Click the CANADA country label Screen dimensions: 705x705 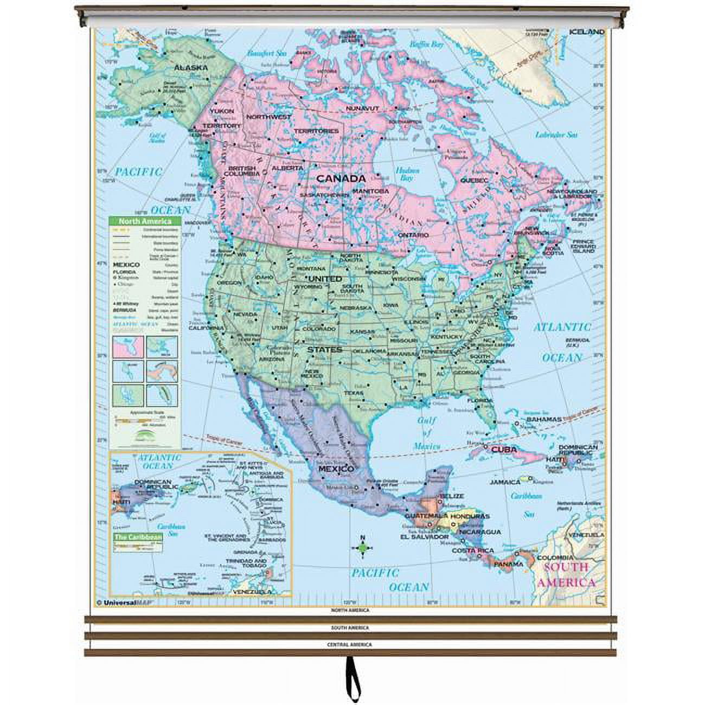click(341, 178)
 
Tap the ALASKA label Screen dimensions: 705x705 click(190, 68)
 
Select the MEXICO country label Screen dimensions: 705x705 click(336, 469)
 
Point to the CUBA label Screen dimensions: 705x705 click(504, 449)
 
